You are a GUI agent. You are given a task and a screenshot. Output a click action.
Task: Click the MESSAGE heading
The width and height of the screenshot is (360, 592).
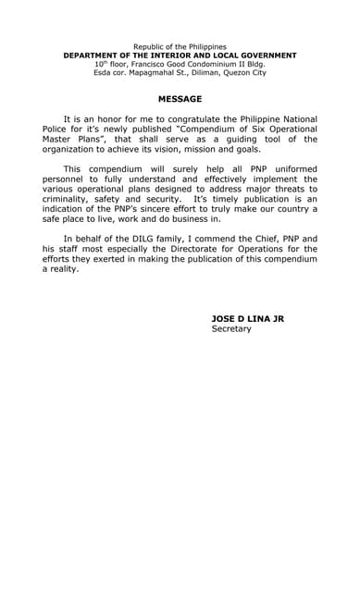[180, 98]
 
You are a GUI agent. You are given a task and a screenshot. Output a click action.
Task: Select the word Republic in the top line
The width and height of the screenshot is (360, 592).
[149, 46]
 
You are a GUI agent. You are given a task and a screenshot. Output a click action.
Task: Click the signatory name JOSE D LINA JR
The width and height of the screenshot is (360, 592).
[251, 318]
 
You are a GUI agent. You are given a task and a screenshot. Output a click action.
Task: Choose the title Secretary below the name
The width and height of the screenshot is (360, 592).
[230, 328]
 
